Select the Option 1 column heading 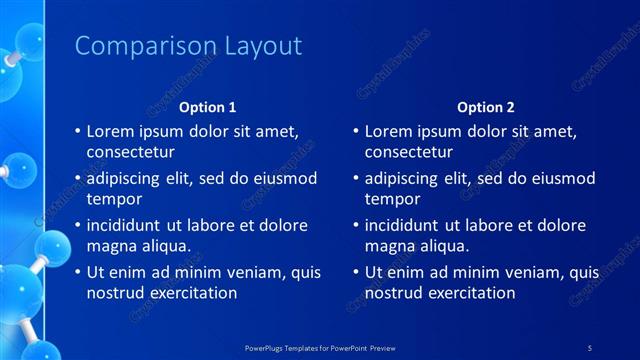(208, 107)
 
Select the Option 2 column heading (486, 107)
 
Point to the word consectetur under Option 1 (131, 152)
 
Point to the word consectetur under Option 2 (409, 152)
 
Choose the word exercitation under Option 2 (469, 293)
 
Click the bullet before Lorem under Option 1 (77, 131)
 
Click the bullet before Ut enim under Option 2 (355, 272)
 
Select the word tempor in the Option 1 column (113, 199)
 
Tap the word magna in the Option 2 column (390, 246)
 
